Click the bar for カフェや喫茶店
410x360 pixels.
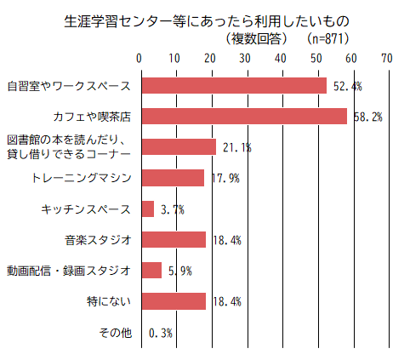point(243,116)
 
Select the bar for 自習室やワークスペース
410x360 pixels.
point(233,85)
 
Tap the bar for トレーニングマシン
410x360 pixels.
point(172,178)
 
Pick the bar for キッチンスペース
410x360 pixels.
point(146,209)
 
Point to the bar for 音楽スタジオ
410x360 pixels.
point(173,239)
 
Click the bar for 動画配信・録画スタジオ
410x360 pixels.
point(151,270)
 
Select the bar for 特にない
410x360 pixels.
point(173,301)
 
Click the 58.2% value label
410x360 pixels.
point(368,117)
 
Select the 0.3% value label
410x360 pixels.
point(161,333)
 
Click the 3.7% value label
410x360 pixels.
point(173,209)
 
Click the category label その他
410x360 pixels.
point(116,332)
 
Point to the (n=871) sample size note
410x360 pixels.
point(327,38)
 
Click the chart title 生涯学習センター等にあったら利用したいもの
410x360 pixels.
point(206,20)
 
